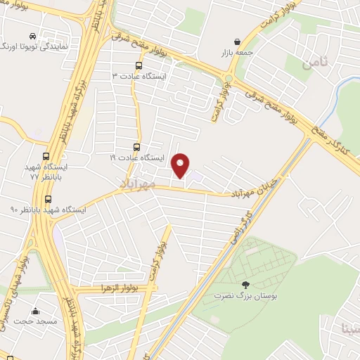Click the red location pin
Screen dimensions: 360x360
[181, 166]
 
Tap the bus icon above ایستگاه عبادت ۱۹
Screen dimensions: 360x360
[137, 148]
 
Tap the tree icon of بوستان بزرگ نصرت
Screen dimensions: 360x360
[245, 285]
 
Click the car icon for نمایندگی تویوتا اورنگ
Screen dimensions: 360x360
[33, 35]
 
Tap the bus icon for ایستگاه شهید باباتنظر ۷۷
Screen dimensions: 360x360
[46, 157]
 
